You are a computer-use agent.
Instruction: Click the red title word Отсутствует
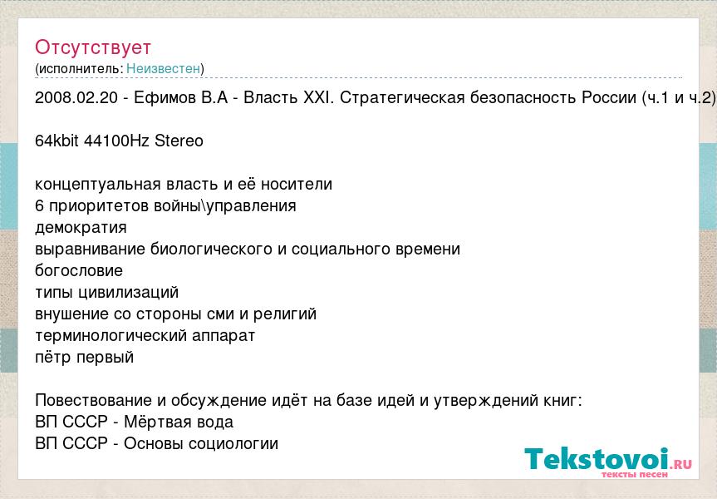[x=93, y=47]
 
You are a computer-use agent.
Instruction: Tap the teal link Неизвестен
[x=163, y=69]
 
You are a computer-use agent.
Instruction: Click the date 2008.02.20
[x=76, y=97]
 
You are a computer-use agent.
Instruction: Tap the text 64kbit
[x=56, y=141]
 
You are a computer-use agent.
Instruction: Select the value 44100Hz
[x=116, y=141]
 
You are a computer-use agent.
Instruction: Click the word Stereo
[x=179, y=141]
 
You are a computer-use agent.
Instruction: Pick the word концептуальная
[x=98, y=185]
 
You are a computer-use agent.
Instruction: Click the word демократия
[x=81, y=228]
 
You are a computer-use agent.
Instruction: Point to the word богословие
[x=79, y=270]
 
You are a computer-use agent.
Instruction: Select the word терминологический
[x=111, y=336]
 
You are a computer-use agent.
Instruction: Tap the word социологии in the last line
[x=233, y=444]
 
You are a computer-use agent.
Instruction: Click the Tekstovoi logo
[x=608, y=462]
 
